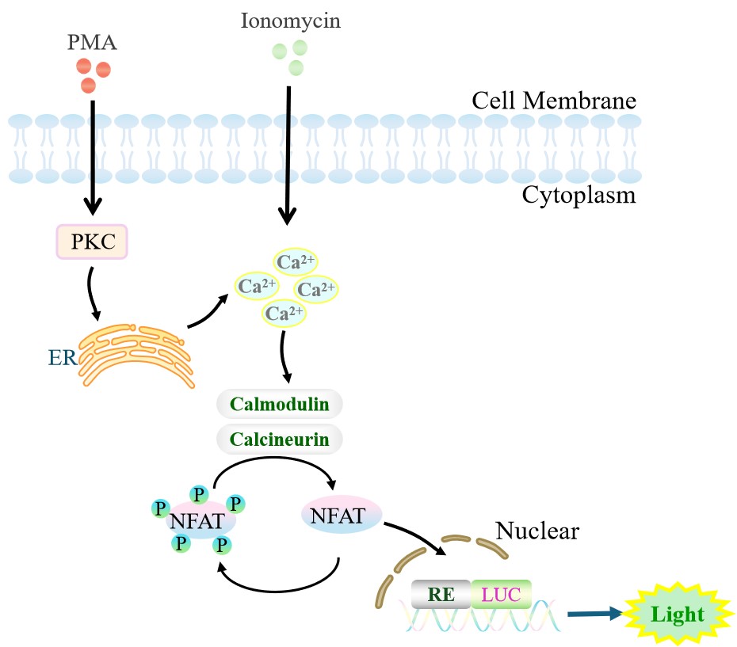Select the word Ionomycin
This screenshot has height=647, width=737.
tap(290, 21)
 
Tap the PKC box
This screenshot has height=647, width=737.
tap(90, 242)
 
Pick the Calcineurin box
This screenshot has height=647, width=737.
tap(279, 439)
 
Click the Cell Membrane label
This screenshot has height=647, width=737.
tap(554, 101)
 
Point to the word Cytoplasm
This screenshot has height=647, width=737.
tap(579, 195)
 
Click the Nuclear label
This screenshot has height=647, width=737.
tap(537, 531)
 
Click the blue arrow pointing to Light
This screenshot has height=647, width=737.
tap(594, 613)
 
